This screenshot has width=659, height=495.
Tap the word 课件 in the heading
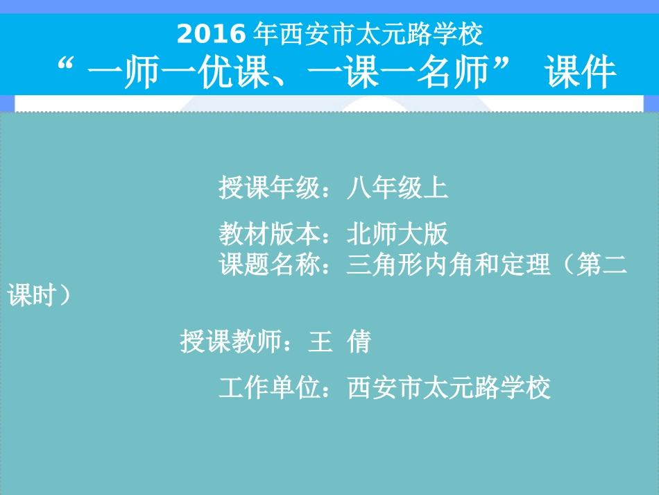tap(581, 72)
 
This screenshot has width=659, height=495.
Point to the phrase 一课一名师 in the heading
tap(406, 72)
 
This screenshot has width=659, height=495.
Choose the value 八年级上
tap(397, 187)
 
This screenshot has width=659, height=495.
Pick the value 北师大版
tap(397, 234)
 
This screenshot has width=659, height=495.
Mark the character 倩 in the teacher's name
tap(359, 342)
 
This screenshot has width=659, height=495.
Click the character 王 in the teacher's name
tap(320, 342)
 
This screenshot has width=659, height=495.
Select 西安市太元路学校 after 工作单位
tap(449, 387)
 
